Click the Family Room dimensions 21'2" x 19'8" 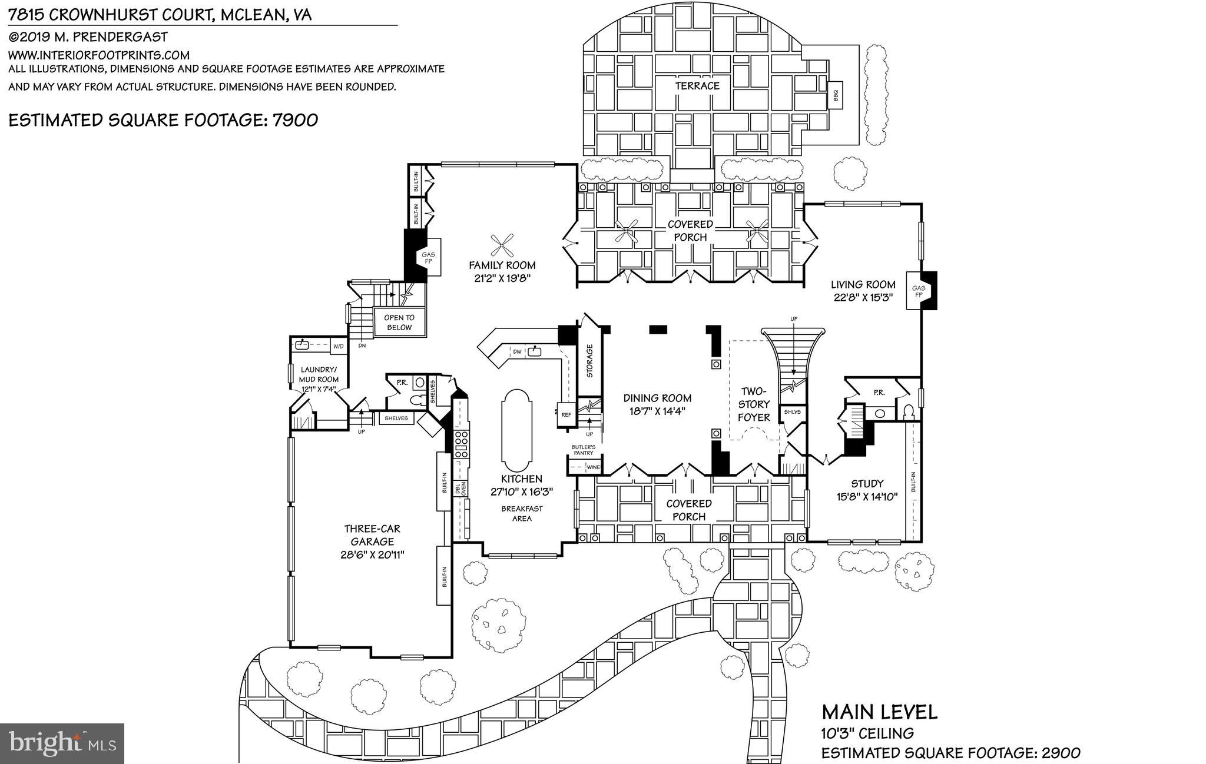(x=502, y=279)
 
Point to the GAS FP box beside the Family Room (x=429, y=258)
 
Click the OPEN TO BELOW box (x=399, y=323)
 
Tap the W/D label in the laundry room (x=338, y=347)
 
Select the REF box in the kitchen (x=566, y=415)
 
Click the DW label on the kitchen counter (x=517, y=352)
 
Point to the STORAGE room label (x=589, y=360)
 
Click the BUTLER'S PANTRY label (x=583, y=450)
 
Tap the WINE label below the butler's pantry (x=594, y=467)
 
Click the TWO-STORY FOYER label (x=754, y=404)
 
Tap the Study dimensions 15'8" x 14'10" (x=867, y=497)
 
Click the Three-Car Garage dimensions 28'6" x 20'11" (x=372, y=554)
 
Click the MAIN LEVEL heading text (x=879, y=713)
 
